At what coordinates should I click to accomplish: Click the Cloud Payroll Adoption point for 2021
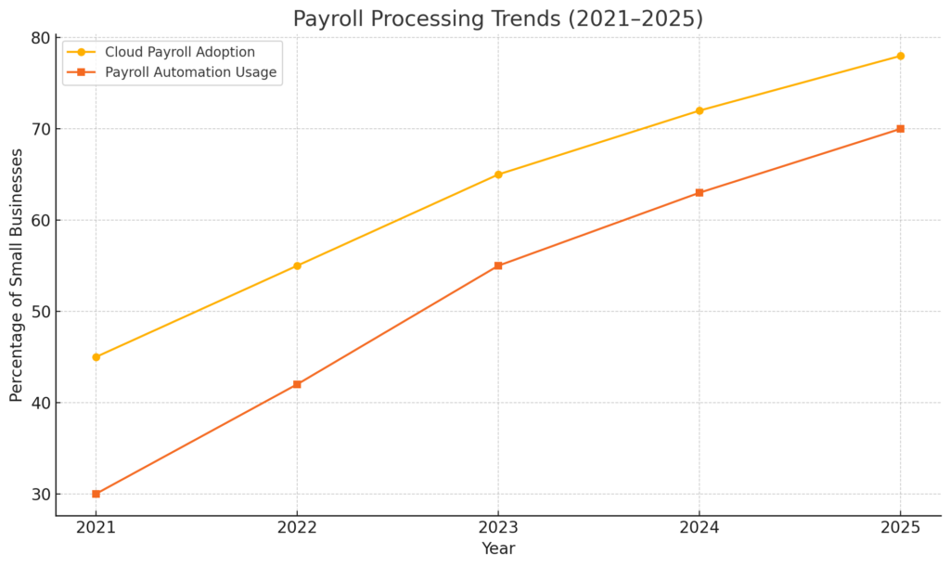[x=96, y=357]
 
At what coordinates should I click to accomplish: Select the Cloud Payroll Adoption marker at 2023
[x=498, y=174]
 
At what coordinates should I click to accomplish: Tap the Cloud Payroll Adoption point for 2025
[x=900, y=56]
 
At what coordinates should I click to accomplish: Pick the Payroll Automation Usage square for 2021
[x=96, y=494]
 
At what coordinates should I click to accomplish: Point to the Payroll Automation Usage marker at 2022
[x=297, y=384]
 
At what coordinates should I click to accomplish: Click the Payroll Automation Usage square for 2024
[x=699, y=193]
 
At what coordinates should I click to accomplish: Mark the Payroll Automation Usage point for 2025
[x=900, y=129]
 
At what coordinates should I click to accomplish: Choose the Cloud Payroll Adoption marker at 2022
[x=297, y=265]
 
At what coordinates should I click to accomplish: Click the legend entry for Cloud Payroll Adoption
[x=179, y=52]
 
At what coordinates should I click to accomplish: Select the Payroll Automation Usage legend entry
[x=190, y=72]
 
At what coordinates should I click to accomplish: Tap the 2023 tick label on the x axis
[x=498, y=527]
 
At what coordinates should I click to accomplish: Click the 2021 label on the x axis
[x=96, y=527]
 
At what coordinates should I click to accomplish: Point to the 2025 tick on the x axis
[x=900, y=527]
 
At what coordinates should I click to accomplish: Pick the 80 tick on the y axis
[x=39, y=38]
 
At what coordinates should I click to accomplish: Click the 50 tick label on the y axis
[x=39, y=312]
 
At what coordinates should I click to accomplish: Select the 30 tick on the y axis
[x=39, y=495]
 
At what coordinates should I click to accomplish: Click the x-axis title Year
[x=498, y=548]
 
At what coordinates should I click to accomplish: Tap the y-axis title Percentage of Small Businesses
[x=17, y=275]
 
